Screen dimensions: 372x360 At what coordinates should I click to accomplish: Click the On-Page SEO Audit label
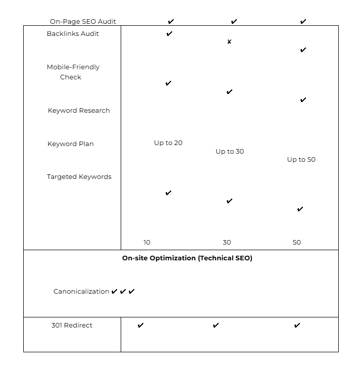[83, 22]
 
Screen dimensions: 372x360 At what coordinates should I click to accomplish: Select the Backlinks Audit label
[73, 34]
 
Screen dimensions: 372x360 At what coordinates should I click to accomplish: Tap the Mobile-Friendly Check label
[73, 72]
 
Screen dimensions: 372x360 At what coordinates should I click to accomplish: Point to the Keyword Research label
[79, 111]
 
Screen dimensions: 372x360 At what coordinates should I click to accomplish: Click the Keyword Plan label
[71, 144]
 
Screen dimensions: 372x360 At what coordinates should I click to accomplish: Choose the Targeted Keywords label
[79, 177]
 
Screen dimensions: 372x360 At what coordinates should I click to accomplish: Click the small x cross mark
[229, 41]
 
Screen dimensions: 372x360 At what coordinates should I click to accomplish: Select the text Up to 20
[168, 143]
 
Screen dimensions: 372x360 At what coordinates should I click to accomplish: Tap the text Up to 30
[230, 152]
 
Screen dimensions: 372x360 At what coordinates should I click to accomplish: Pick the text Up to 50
[301, 160]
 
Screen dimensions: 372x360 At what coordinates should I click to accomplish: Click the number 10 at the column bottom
[147, 243]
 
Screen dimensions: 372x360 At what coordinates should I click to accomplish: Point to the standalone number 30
[227, 243]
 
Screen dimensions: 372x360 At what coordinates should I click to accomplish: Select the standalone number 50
[297, 243]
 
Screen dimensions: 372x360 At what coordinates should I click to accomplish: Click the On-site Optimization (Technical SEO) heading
[187, 258]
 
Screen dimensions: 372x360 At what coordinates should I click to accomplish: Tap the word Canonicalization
[81, 292]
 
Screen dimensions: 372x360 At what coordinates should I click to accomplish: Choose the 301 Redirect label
[72, 325]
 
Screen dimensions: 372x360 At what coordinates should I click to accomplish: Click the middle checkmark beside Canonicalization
[123, 292]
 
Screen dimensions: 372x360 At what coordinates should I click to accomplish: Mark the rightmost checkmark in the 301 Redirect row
[297, 325]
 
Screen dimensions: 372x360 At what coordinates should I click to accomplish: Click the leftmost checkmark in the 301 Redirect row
[140, 325]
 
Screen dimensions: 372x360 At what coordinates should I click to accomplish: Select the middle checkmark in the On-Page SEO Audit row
[234, 22]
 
